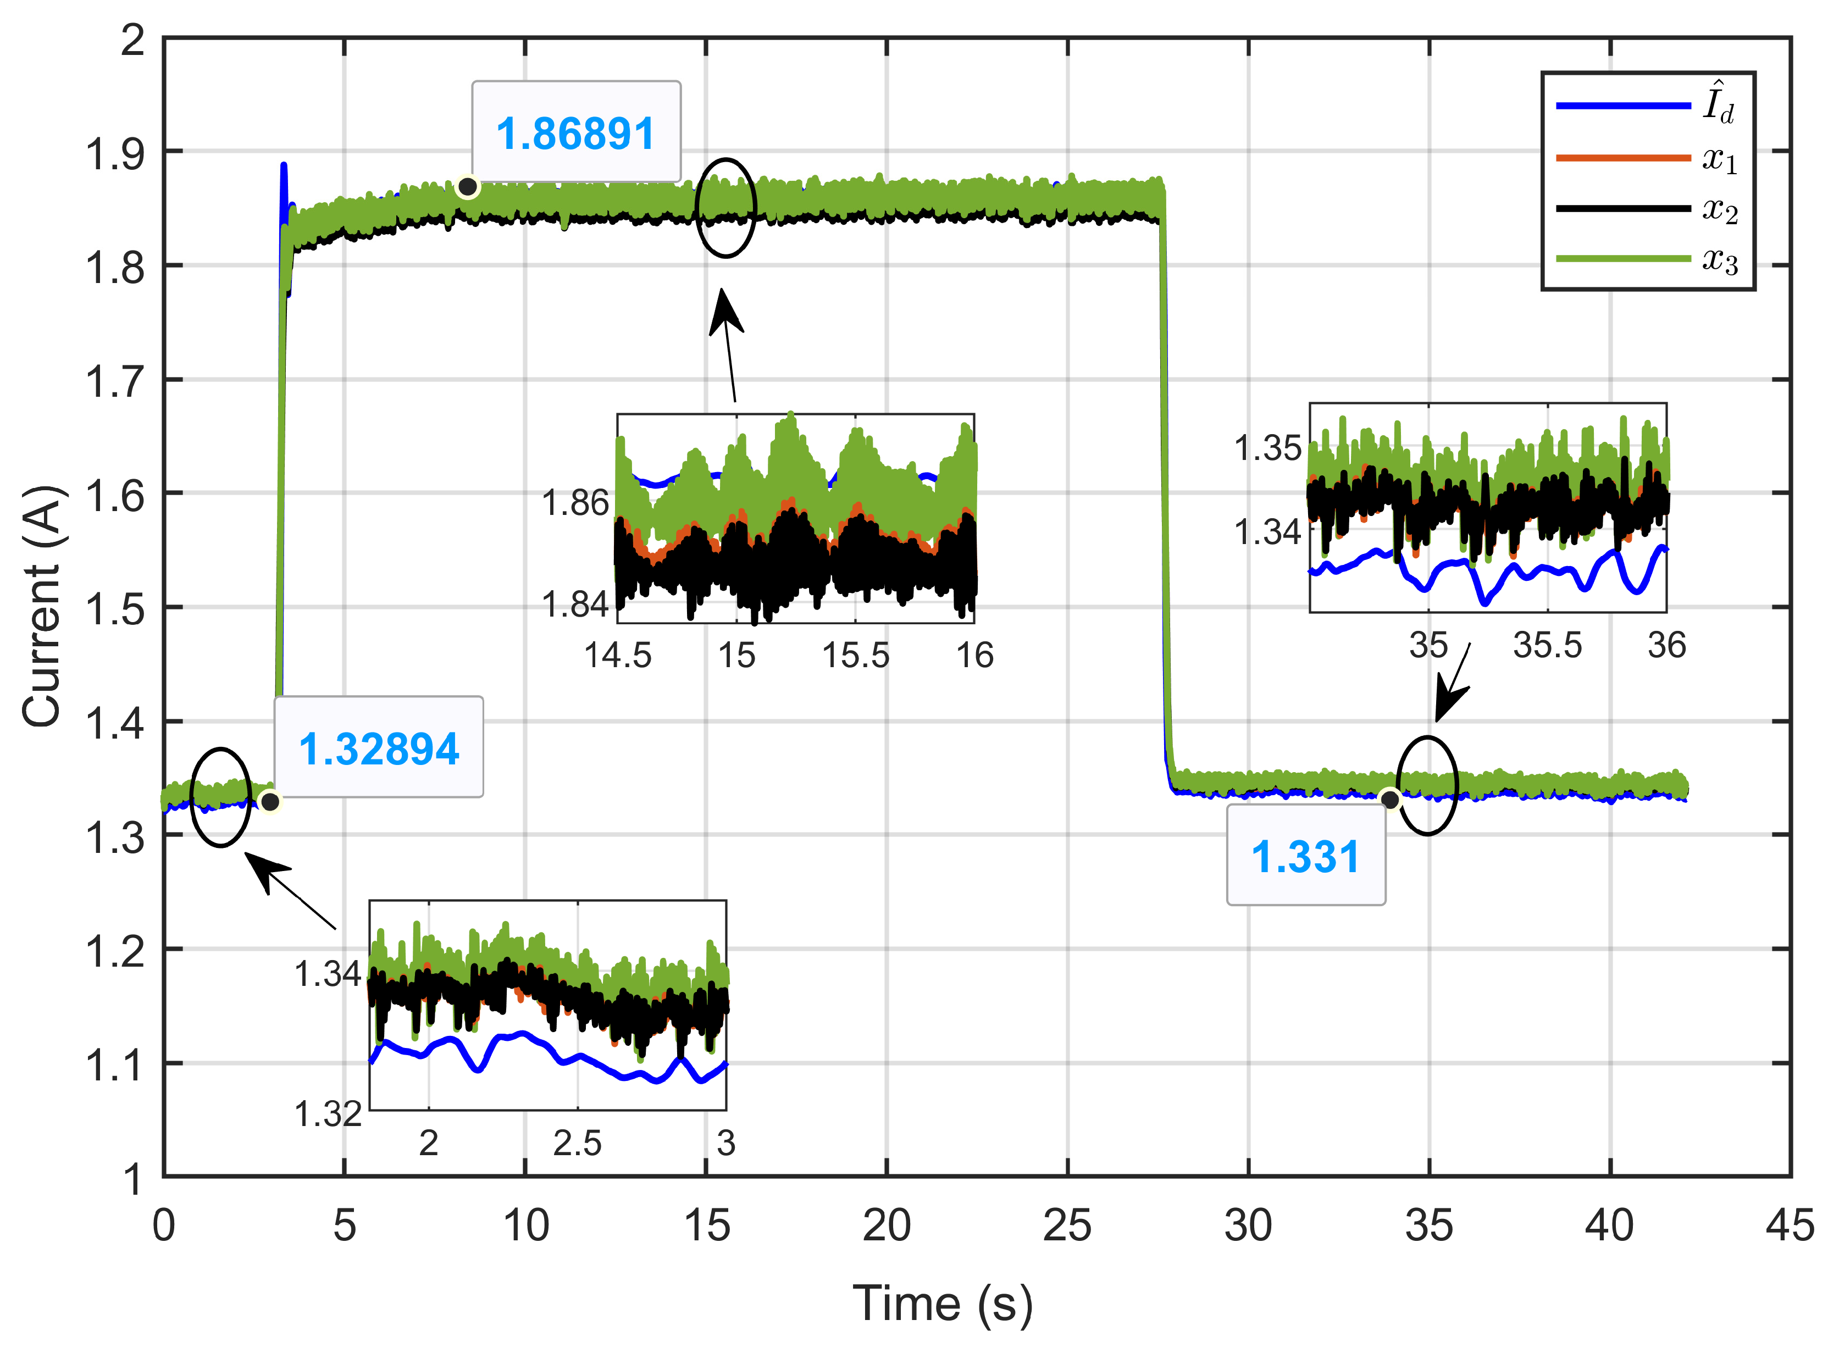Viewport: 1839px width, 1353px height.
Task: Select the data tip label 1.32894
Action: point(379,748)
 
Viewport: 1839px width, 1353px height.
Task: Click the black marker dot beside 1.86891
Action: point(468,187)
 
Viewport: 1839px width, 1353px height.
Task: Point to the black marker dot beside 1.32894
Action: point(269,801)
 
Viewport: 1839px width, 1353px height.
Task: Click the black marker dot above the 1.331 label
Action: point(1389,799)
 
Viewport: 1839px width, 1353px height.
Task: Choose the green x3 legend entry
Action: point(1647,259)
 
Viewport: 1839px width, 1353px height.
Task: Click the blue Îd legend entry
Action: point(1647,106)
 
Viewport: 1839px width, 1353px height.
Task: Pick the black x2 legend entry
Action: point(1647,209)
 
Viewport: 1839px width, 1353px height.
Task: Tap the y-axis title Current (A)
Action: point(41,606)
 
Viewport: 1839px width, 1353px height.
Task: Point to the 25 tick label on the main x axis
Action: point(1067,1226)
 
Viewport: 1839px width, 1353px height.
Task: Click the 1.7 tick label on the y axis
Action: point(115,381)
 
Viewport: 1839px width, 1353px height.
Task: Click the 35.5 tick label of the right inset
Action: point(1547,645)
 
